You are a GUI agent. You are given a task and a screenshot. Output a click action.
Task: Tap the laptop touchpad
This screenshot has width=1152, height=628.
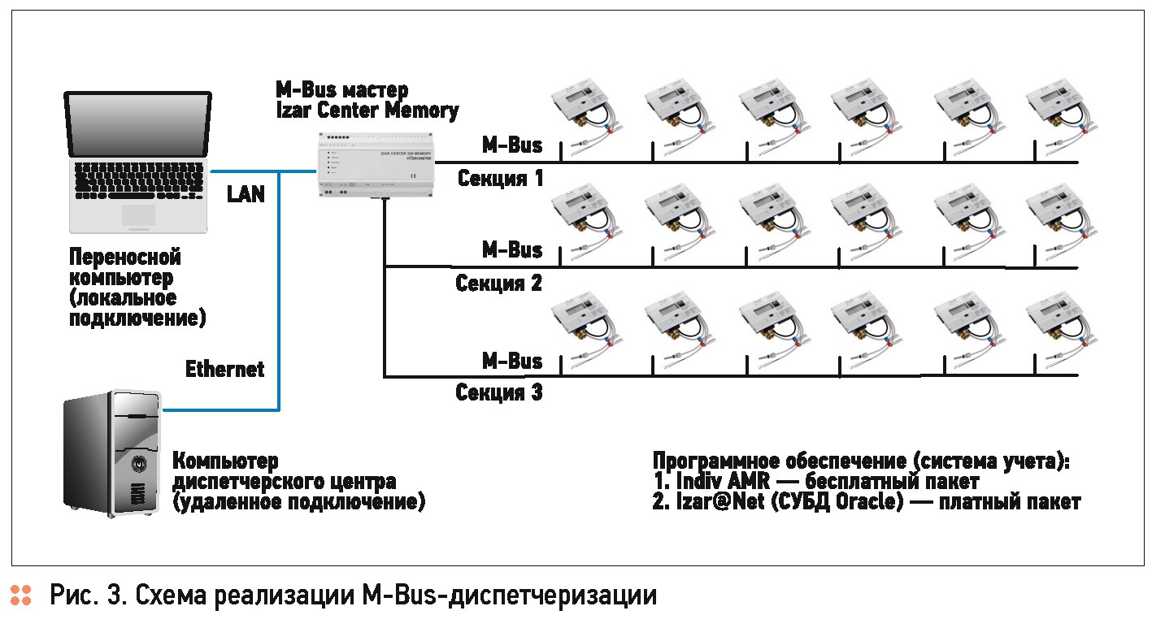point(137,214)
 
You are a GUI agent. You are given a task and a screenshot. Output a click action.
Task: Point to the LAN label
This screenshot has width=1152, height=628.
point(246,195)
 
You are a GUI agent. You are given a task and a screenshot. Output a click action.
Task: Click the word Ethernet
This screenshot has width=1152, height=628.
point(225,369)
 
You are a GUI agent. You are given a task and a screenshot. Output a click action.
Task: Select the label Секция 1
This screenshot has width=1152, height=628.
point(500,178)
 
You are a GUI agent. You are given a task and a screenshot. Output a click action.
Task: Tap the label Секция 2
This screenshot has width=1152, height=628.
point(498,284)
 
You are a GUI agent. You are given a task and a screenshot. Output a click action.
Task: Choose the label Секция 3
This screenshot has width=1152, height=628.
point(498,393)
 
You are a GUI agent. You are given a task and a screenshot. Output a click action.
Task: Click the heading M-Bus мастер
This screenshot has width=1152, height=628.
point(342,89)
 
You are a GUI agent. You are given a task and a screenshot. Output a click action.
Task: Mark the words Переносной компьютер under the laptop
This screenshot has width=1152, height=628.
point(124,268)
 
